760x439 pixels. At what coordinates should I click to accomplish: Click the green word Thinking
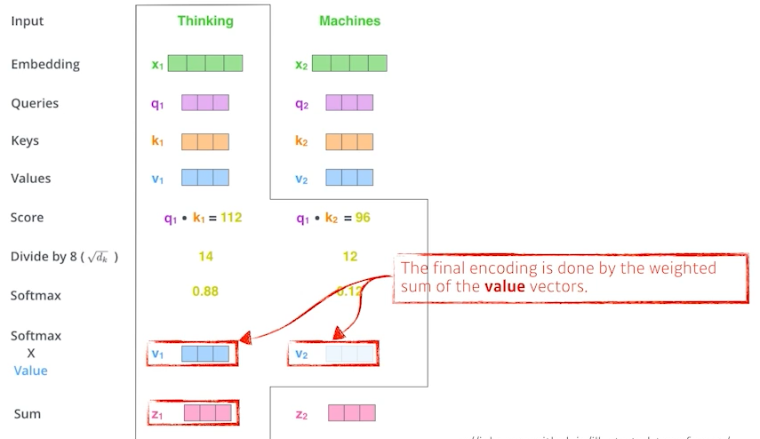click(x=205, y=20)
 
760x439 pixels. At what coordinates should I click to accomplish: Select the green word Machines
click(x=350, y=20)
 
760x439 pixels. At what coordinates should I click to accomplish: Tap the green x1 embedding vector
click(x=204, y=64)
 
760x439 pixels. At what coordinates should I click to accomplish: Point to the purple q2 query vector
click(x=349, y=103)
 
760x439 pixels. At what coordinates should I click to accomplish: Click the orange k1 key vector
click(x=205, y=141)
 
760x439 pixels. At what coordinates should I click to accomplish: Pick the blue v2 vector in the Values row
click(x=349, y=178)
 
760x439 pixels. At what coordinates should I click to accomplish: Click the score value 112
click(x=231, y=218)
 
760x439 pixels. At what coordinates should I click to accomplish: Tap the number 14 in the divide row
click(x=205, y=257)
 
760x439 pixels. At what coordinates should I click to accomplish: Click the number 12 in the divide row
click(x=349, y=257)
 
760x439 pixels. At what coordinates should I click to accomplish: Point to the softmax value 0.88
click(x=205, y=291)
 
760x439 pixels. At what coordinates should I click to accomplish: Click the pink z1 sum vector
click(x=207, y=413)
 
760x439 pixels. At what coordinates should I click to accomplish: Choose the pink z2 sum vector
click(x=351, y=413)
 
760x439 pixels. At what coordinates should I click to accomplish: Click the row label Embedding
click(x=45, y=64)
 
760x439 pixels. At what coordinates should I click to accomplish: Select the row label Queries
click(x=35, y=103)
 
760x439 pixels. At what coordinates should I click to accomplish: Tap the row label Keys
click(x=25, y=140)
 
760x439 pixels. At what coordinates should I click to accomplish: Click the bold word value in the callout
click(x=504, y=287)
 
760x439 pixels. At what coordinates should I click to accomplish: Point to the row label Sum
click(x=28, y=413)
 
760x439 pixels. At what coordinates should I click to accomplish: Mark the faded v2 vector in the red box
click(x=349, y=355)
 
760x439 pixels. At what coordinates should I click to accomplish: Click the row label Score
click(x=27, y=218)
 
